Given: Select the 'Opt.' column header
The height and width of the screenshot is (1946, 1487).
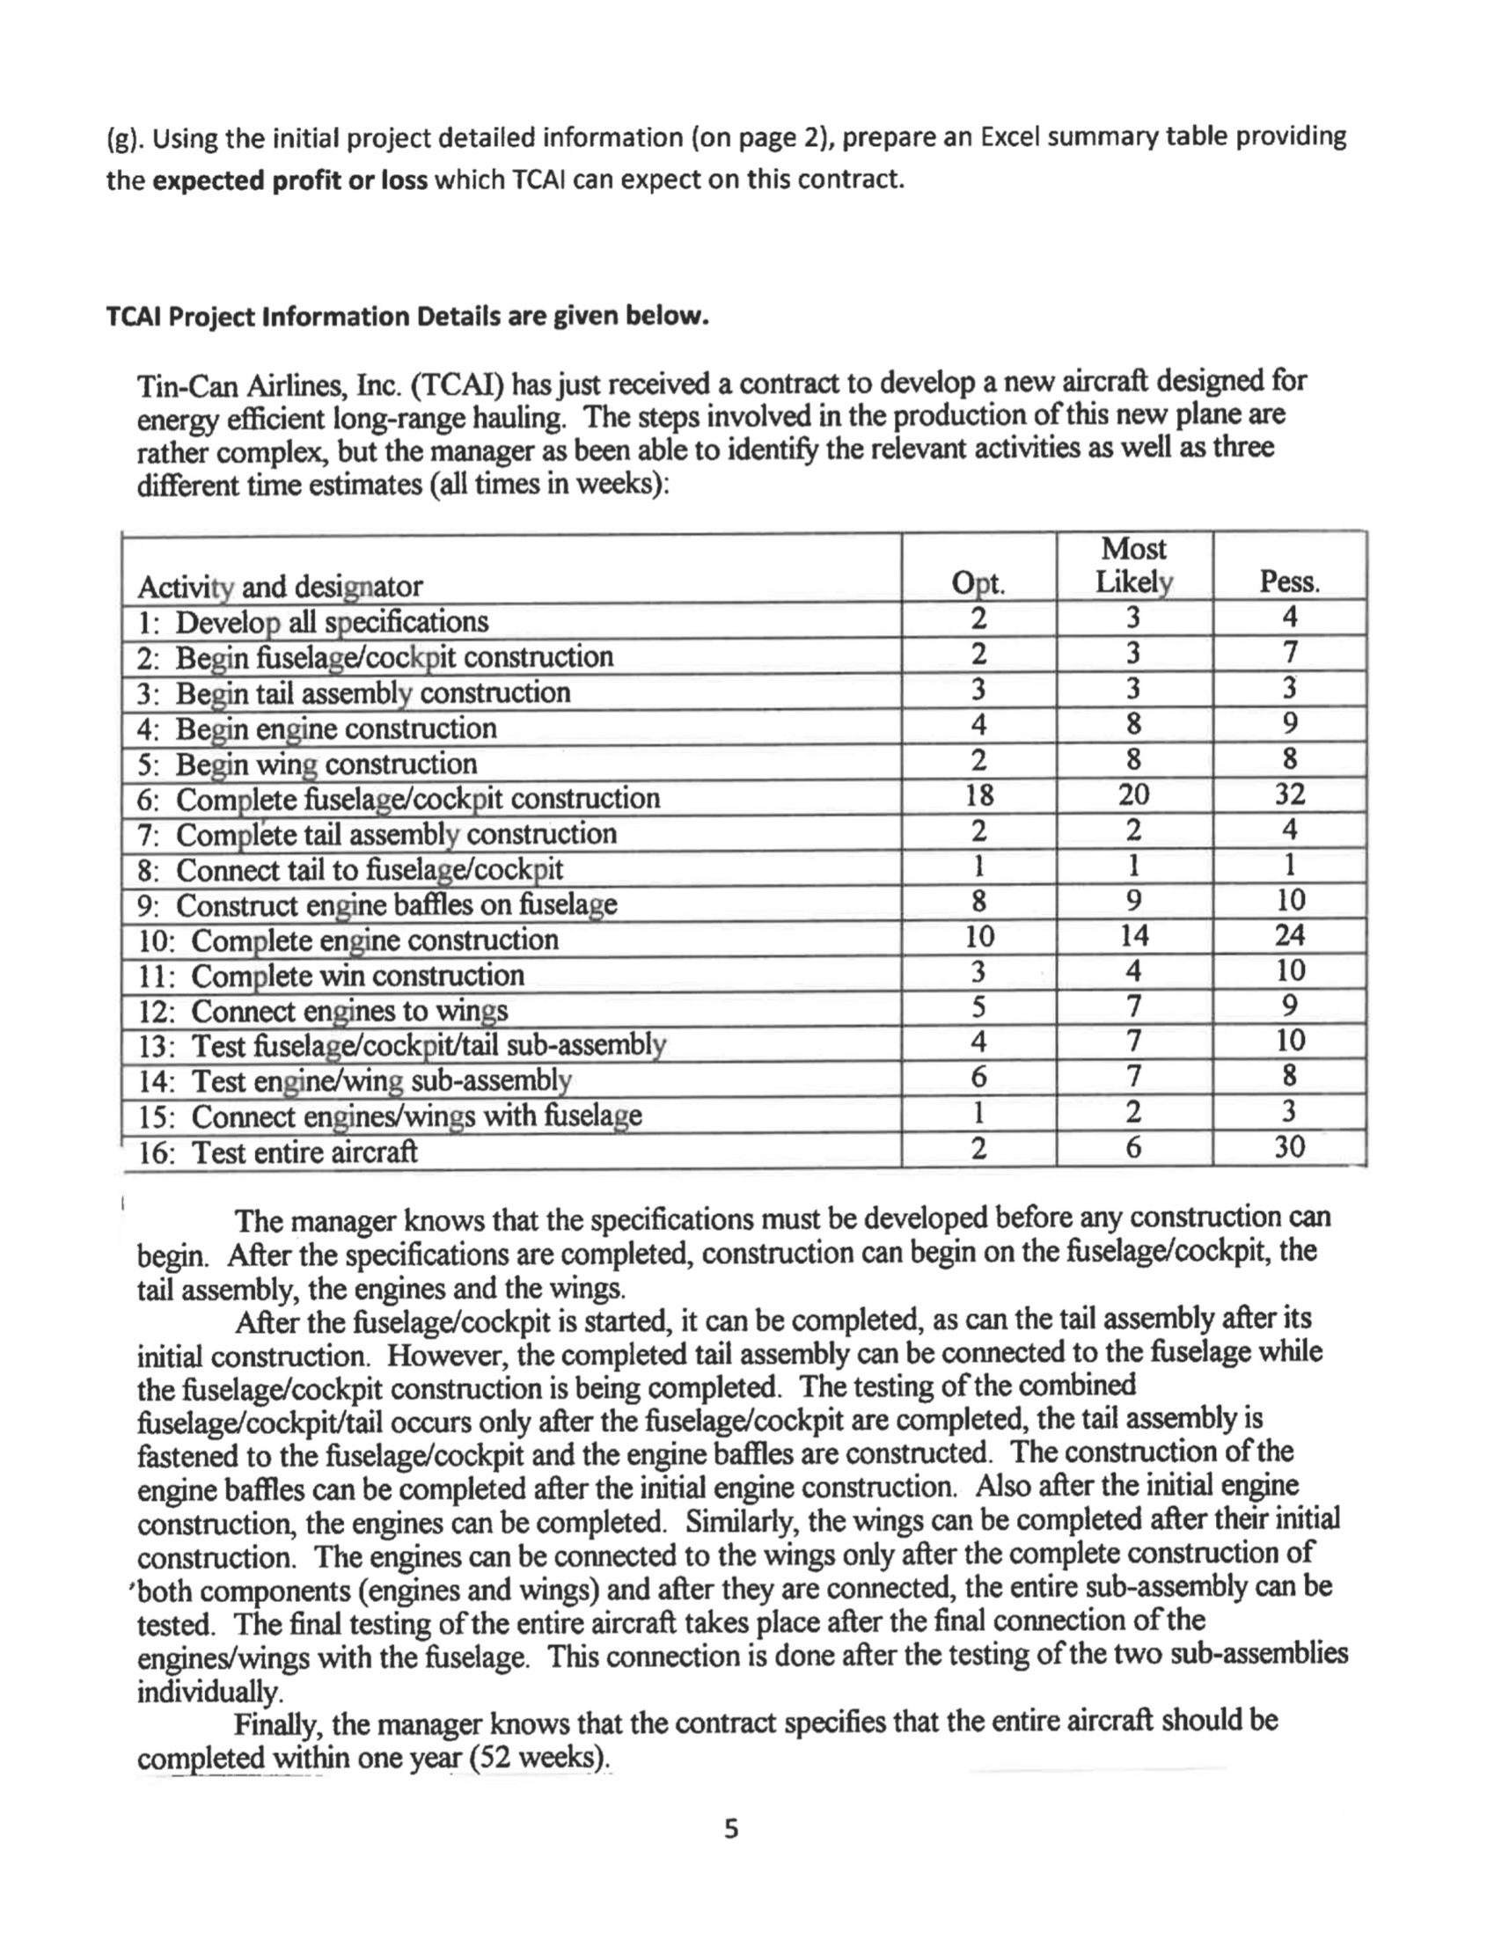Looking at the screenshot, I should coord(978,583).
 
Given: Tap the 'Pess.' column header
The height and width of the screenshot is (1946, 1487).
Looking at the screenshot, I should coord(1290,582).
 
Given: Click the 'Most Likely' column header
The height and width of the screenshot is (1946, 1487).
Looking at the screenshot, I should coord(1134,566).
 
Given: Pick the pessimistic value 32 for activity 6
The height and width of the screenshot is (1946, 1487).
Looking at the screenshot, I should coord(1290,794).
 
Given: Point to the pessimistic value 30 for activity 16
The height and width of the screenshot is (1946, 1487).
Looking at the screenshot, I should coord(1290,1147).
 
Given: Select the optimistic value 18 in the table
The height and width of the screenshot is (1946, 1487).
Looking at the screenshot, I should coord(978,794).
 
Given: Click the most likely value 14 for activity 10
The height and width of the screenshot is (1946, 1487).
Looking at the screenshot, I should coord(1134,935).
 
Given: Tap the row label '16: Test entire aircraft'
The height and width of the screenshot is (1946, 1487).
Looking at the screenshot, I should coord(278,1152).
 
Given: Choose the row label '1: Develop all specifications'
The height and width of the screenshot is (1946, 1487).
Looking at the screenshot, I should coord(313,622).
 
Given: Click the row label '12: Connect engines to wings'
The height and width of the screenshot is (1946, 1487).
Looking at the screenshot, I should coord(323,1011).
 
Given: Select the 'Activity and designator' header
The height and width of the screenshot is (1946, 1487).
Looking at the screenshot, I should coord(280,587).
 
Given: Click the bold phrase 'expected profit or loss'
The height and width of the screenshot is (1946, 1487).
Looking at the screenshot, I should coord(290,180).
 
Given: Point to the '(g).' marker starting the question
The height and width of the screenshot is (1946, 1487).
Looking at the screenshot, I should coord(125,139).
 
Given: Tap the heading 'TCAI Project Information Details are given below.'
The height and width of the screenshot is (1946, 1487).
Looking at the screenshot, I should coord(407,316).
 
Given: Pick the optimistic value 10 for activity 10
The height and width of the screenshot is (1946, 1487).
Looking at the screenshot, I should coord(978,935).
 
